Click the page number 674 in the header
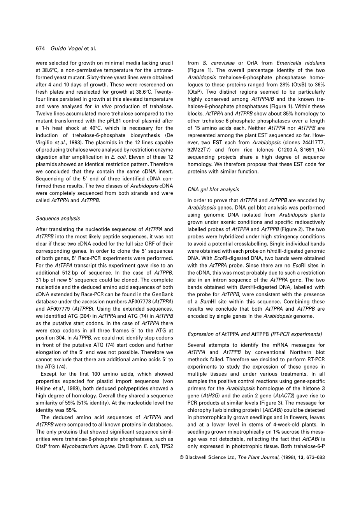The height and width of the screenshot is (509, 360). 40,49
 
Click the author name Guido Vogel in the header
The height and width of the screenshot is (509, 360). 64,49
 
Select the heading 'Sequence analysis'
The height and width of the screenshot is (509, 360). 58,219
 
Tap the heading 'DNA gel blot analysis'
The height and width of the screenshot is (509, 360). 213,190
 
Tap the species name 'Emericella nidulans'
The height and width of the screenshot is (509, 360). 300,63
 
